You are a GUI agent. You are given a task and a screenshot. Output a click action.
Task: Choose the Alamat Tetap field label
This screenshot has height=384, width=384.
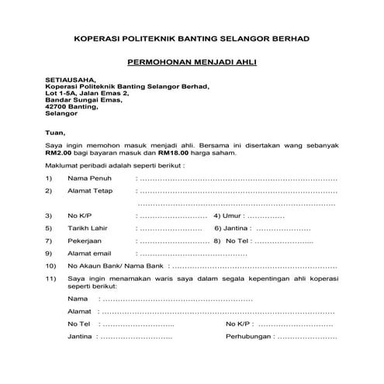90,190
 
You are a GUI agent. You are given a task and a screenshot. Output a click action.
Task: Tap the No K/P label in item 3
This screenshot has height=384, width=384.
81,215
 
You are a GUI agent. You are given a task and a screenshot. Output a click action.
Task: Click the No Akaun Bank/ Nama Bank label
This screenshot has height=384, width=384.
112,266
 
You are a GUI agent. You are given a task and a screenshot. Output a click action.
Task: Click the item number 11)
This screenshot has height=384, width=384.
50,278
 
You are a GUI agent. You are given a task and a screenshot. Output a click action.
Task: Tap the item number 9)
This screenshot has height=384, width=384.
48,253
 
